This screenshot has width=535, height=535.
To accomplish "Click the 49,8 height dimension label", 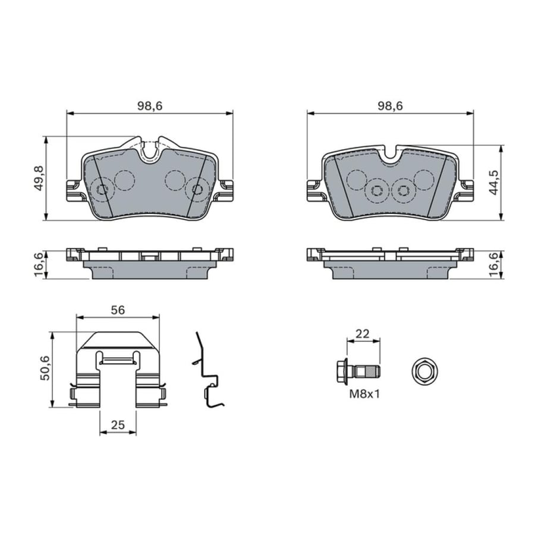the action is tap(40, 178).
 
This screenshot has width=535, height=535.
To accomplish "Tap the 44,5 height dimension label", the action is tap(495, 183).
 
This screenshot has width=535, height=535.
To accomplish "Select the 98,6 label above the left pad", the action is tap(150, 106).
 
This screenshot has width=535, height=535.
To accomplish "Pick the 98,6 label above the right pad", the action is tap(390, 106).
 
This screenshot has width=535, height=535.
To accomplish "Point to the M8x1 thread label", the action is tap(364, 395).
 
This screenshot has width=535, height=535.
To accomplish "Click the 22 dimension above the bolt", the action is tap(363, 333).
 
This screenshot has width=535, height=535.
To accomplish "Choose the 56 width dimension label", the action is tap(118, 310).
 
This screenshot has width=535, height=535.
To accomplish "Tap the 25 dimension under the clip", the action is tap(118, 425).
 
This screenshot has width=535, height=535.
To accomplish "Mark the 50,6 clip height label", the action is tap(45, 368).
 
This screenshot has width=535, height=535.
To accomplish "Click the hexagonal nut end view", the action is tap(424, 372).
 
